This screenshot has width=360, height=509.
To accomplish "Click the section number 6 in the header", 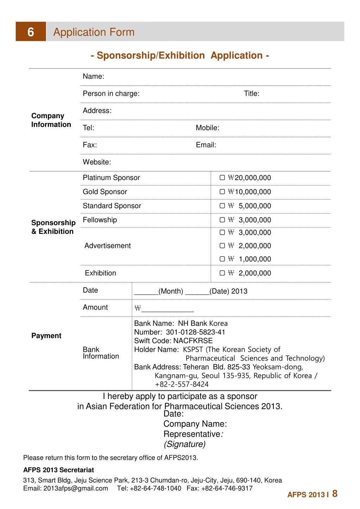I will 31,32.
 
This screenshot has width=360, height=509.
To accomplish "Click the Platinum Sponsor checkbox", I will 222,178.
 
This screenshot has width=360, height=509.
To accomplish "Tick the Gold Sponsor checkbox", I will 222,192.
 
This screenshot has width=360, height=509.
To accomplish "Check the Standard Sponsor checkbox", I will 222,206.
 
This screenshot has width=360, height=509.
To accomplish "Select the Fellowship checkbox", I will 222,220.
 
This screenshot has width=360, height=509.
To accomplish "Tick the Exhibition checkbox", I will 222,273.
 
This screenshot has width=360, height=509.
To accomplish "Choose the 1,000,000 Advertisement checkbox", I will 222,259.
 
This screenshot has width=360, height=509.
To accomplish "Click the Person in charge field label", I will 111,94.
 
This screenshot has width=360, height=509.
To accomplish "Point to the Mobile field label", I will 207,128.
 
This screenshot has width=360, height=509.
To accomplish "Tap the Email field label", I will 206,145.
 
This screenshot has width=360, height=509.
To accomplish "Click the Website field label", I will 97,162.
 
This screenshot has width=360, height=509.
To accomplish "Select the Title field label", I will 252,94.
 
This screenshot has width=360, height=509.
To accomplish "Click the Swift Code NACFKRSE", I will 193,341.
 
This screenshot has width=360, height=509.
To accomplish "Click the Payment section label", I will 46,336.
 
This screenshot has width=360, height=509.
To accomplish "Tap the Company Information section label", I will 51,120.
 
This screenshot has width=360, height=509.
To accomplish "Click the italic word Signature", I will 184,444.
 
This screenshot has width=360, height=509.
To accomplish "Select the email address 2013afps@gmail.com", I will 76,488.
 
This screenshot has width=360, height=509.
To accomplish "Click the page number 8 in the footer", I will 335,494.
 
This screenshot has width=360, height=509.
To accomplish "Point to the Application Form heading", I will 94,32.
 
